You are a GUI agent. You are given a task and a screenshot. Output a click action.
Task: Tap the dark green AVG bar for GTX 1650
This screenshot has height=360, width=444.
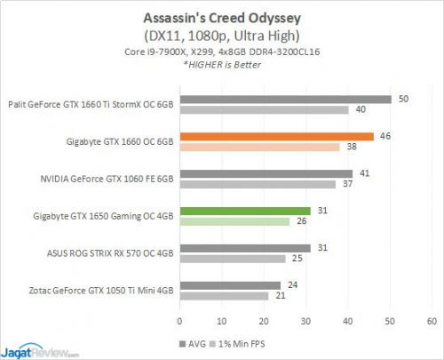[x=245, y=211]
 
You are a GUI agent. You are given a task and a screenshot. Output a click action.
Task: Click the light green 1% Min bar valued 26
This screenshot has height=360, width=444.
[x=234, y=221]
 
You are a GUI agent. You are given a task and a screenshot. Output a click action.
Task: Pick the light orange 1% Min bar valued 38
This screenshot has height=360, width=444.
[x=259, y=148]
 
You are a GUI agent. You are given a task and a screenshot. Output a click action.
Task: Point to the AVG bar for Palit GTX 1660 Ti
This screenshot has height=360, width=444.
[x=285, y=99]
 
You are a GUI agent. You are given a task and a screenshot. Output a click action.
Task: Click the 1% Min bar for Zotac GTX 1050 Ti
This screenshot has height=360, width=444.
[x=224, y=296]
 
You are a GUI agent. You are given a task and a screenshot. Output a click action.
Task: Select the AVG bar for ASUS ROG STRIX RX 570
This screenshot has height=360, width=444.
[x=245, y=248]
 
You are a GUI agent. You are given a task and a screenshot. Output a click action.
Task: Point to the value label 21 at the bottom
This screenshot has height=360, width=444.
[x=281, y=296]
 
